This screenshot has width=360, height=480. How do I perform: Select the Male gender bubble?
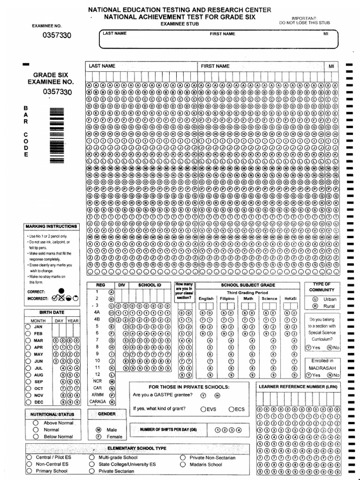(98, 429)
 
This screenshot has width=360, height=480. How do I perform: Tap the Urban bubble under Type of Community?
(315, 299)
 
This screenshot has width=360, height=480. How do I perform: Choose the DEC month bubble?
(28, 402)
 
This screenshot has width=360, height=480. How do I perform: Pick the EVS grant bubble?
(202, 409)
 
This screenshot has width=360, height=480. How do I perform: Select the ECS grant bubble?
(231, 409)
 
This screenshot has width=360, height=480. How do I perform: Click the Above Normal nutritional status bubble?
(36, 423)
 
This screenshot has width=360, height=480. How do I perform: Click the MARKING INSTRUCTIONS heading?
(51, 226)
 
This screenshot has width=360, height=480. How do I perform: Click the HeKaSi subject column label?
(290, 298)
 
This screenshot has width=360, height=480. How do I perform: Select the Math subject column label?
(248, 298)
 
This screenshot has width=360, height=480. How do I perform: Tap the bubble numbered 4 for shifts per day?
(239, 430)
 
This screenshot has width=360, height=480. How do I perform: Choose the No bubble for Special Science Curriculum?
(330, 347)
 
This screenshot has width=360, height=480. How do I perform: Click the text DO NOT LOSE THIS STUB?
(304, 22)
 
